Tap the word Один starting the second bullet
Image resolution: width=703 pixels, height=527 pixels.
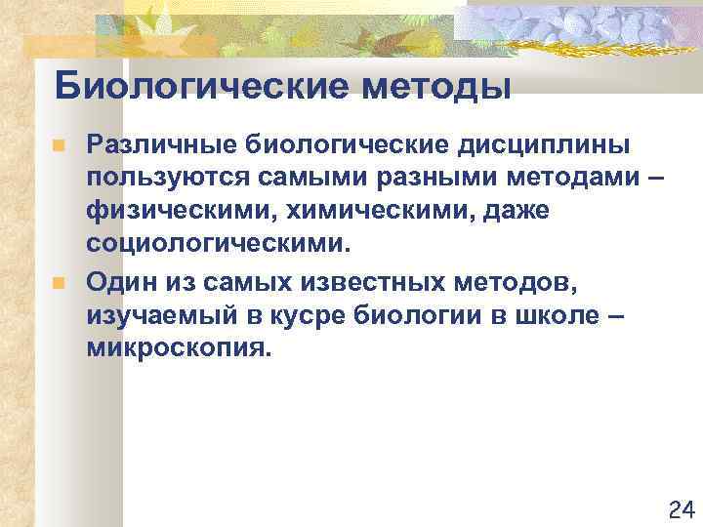[115, 282]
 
